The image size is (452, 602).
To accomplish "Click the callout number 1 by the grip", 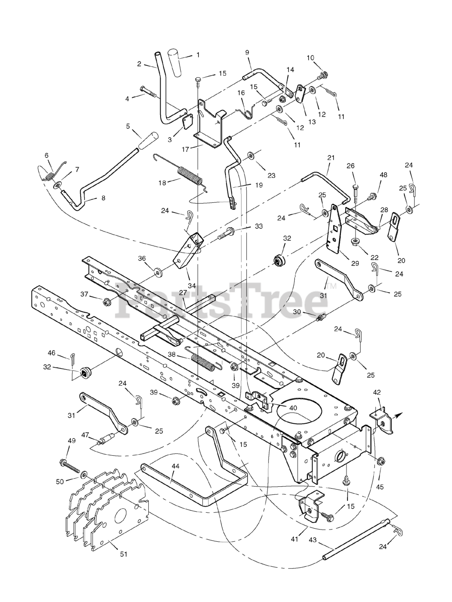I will coord(198,55).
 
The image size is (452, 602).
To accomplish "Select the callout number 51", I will coord(123,554).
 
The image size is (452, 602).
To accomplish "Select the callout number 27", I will coord(183,292).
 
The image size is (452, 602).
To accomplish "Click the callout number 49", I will coord(72,441).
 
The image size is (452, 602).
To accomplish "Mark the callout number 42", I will coord(377,392).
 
